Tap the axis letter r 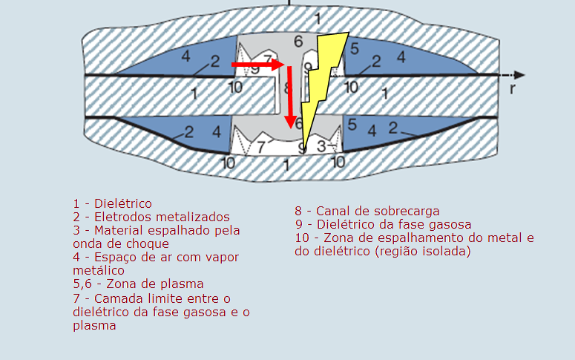[x=512, y=88]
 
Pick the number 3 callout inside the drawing [x=321, y=146]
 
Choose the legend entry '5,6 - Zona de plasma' [x=138, y=284]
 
